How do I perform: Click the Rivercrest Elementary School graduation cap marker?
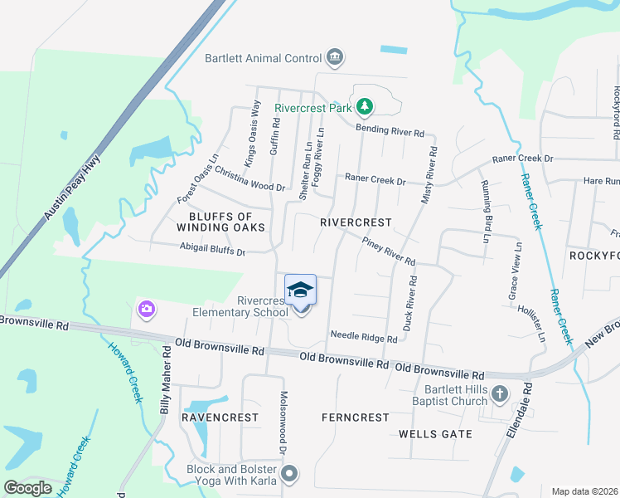301,290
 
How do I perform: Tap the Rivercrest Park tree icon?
363,106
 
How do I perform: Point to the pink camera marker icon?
146,310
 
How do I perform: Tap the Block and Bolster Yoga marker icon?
288,475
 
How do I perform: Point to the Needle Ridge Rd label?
364,337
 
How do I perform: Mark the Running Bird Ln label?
486,212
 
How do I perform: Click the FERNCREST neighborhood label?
355,417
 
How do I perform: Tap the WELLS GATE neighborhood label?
435,434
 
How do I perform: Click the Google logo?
28,488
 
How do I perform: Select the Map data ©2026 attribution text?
585,491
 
